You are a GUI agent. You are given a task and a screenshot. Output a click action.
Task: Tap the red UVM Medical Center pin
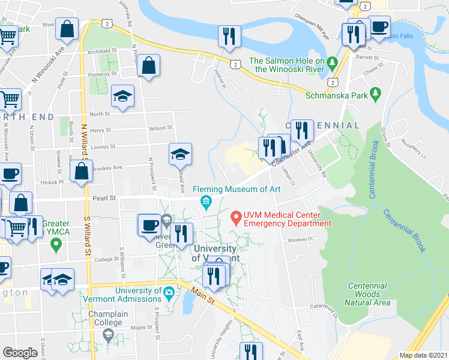(x=236, y=216)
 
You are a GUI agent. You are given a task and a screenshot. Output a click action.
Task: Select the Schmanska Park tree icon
(x=376, y=93)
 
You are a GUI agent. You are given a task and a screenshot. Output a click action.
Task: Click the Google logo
(x=20, y=353)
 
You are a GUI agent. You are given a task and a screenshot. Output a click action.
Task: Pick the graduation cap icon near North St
(x=122, y=96)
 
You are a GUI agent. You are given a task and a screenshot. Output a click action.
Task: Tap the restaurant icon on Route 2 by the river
(x=229, y=35)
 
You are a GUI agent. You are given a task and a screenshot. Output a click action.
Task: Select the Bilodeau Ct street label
(x=302, y=239)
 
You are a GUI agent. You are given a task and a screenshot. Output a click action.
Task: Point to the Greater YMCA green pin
(x=56, y=244)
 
